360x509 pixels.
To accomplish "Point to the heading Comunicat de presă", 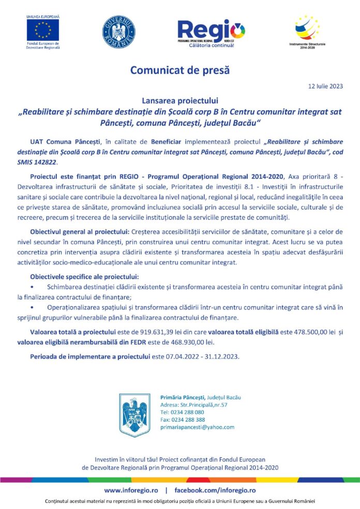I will [x=179, y=69].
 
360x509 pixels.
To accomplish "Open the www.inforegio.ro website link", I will [x=131, y=490].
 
